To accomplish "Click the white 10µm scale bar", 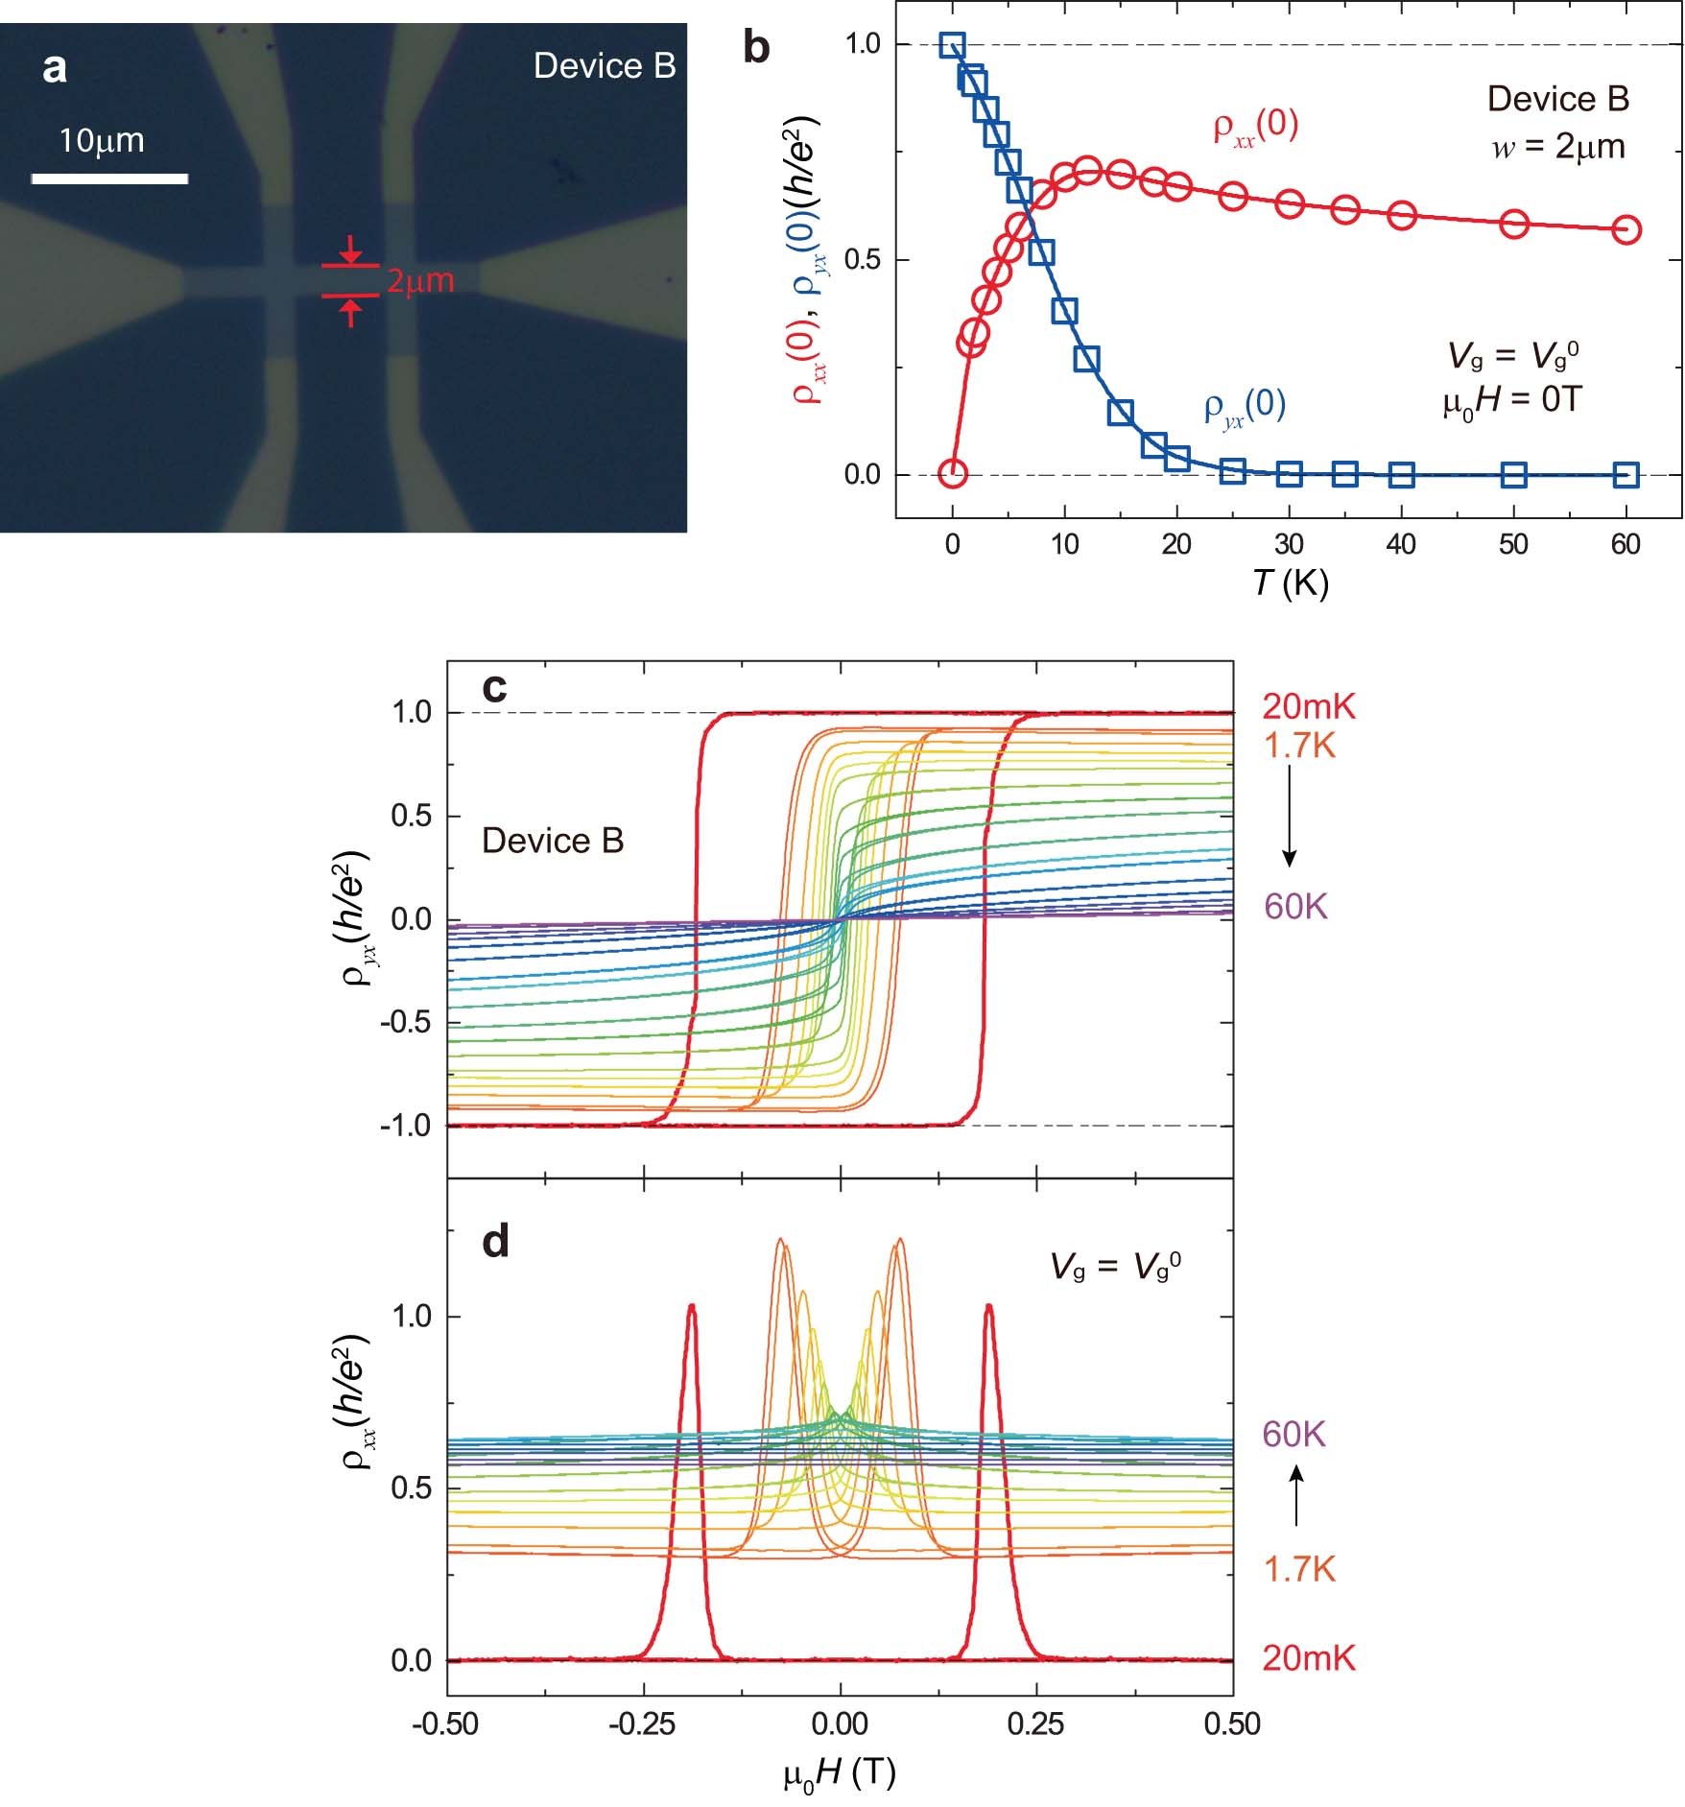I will (x=109, y=178).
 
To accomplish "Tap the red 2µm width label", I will (x=419, y=281).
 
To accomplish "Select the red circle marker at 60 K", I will (x=1626, y=229).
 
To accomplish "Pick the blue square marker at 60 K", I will (x=1626, y=474).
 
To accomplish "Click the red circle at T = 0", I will (x=952, y=472).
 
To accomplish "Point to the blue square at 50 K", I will (x=1513, y=474).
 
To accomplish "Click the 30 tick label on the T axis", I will (x=1289, y=545).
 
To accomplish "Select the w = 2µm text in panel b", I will (x=1557, y=147).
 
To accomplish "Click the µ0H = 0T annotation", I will (x=1510, y=400).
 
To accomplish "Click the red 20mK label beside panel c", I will (x=1309, y=707).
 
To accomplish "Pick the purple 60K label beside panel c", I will (x=1295, y=906).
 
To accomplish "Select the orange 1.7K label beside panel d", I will (x=1299, y=1570).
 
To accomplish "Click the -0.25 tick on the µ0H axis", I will (x=644, y=1724).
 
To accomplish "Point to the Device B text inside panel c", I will (x=553, y=841).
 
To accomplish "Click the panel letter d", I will (x=495, y=1241).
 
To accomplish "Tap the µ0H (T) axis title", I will (x=840, y=1773).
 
